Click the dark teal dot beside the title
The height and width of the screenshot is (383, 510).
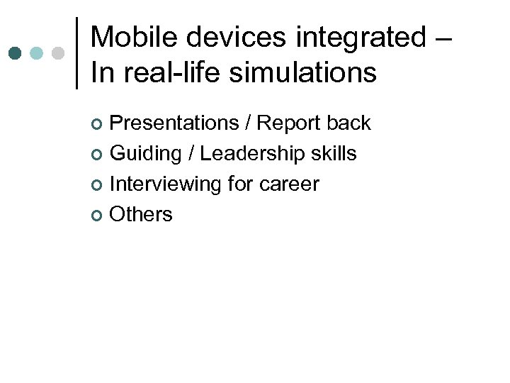coord(16,53)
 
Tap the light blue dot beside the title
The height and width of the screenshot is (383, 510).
coord(38,53)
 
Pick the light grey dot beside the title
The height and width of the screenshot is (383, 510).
coord(59,53)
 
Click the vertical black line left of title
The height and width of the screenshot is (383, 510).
coord(76,53)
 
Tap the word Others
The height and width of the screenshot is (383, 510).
coord(141,215)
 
